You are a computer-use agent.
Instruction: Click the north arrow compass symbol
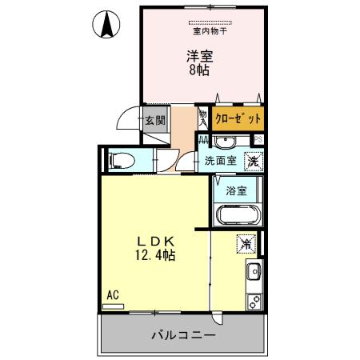[106, 26]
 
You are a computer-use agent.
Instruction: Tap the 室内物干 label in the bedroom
[209, 33]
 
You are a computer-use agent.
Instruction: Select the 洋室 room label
[199, 55]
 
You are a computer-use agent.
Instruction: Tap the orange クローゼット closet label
[238, 119]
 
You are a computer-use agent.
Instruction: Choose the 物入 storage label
[202, 118]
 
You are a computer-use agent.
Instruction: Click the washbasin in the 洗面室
[225, 142]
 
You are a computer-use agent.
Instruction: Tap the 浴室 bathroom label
[236, 191]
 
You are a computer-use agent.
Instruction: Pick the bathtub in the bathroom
[237, 215]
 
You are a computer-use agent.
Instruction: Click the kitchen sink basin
[255, 271]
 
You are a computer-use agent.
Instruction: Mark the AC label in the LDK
[113, 294]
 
